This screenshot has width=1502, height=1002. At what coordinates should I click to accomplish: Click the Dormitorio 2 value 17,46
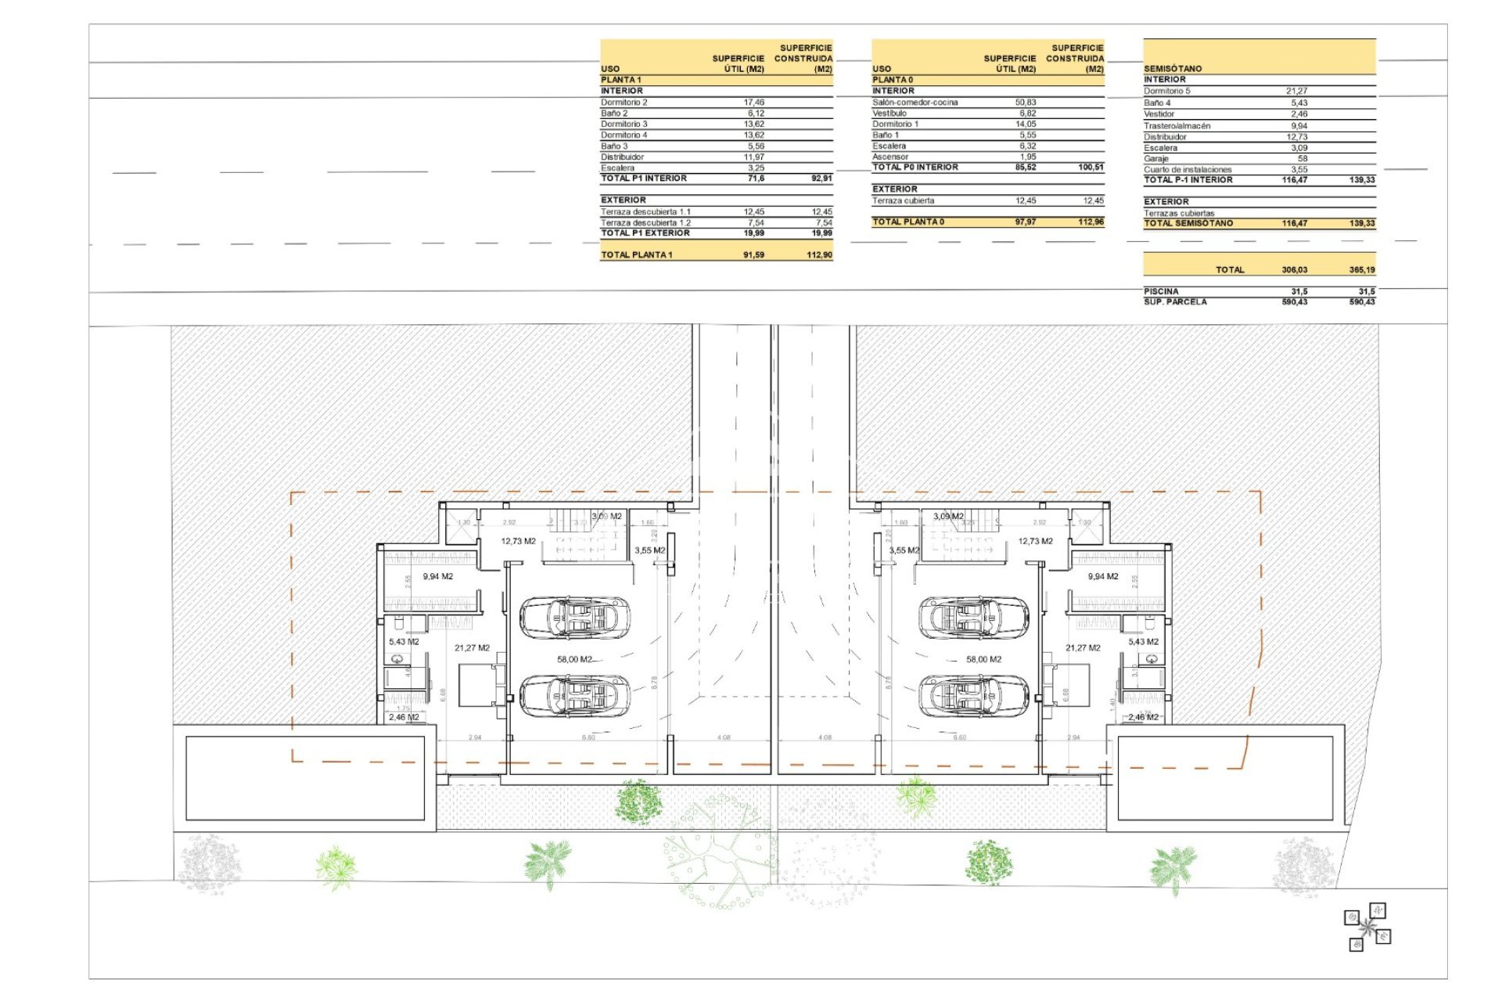tap(753, 103)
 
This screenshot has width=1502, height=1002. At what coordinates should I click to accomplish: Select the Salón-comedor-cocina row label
tap(914, 103)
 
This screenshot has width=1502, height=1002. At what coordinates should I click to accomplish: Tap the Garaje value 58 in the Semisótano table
tap(1302, 159)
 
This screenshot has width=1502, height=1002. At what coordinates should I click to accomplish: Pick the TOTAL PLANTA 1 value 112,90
tap(819, 255)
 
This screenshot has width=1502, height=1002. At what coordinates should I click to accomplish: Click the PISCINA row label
tap(1161, 291)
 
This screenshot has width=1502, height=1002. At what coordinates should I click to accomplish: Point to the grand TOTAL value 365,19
tap(1361, 270)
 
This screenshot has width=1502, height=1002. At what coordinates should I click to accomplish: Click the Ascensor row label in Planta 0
tap(890, 157)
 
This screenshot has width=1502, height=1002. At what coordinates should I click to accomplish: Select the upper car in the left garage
tap(574, 618)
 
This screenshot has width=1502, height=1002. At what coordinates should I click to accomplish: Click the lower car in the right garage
tap(973, 695)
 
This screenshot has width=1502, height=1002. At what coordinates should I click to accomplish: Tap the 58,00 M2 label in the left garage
tap(574, 659)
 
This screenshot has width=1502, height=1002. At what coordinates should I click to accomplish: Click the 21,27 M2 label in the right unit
tap(1083, 647)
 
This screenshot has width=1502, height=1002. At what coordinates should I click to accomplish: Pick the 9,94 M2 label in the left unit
tap(438, 576)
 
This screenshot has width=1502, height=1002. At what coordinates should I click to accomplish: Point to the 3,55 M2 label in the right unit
tap(904, 550)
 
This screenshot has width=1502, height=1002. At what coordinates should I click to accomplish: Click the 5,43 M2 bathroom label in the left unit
tap(404, 642)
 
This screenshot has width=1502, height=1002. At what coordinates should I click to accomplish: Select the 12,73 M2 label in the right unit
tap(1035, 541)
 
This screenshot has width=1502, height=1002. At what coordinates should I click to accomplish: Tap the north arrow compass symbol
tap(1367, 928)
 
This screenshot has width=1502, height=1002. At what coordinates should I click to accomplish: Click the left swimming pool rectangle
tap(305, 778)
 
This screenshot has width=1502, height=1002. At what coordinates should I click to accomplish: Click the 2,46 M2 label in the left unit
tap(404, 717)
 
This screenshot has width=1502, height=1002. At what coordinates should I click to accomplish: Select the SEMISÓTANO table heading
tap(1173, 69)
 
